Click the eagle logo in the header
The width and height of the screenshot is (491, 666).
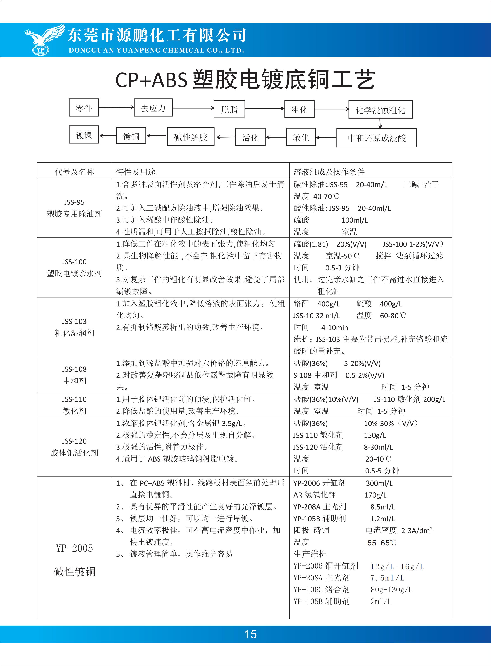44,40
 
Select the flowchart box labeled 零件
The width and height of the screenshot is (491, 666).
84,108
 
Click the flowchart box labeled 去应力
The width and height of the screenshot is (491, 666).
153,108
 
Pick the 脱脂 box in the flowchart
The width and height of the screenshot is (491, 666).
229,109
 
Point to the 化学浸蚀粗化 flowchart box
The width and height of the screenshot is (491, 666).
380,110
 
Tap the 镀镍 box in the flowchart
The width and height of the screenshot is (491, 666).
84,135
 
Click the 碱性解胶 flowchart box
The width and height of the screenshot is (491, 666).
191,137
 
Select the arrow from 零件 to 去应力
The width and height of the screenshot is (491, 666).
116,107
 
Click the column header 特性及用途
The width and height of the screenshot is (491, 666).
135,172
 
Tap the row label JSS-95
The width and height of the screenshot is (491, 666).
74,202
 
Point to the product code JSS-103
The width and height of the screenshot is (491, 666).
74,321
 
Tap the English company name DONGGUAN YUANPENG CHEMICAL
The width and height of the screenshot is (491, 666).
156,50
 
